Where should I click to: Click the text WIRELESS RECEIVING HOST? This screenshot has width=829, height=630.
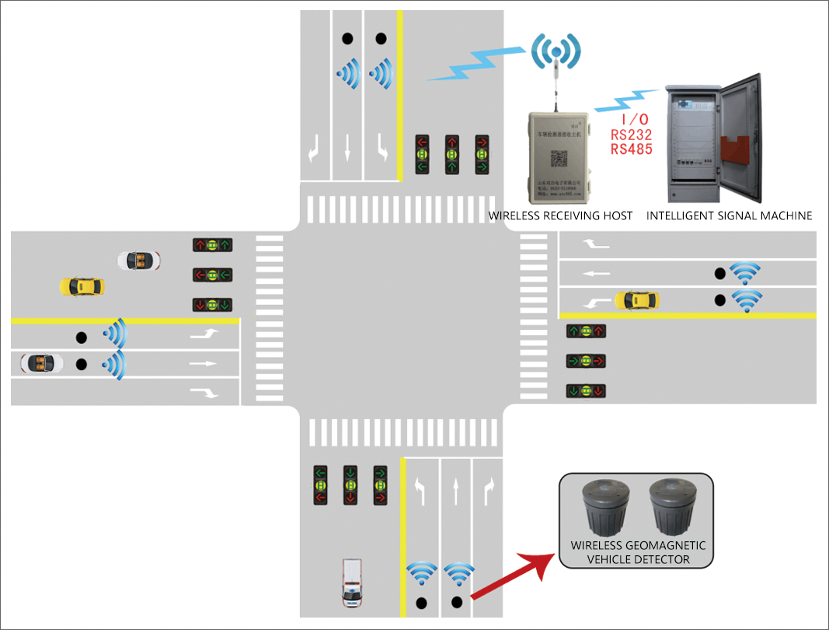pyautogui.click(x=560, y=215)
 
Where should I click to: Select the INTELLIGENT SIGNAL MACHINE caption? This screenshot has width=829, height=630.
pyautogui.click(x=729, y=215)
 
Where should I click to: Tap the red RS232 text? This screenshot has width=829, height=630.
pyautogui.click(x=631, y=135)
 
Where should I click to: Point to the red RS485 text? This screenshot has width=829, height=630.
pyautogui.click(x=631, y=149)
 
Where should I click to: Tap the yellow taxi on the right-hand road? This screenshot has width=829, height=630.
pyautogui.click(x=636, y=300)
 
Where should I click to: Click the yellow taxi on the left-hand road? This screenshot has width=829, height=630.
pyautogui.click(x=82, y=286)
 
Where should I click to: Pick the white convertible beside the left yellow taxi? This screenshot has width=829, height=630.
pyautogui.click(x=139, y=261)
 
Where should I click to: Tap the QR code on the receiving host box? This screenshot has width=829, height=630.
pyautogui.click(x=559, y=159)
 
